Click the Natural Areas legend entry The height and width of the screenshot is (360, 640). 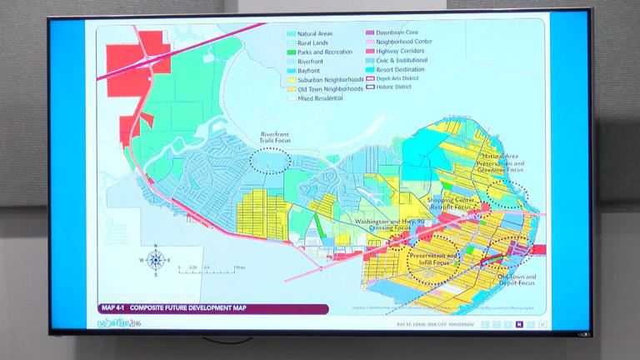[314, 33]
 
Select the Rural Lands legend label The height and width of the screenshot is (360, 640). [312, 42]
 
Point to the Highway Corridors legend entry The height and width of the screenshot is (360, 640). [399, 52]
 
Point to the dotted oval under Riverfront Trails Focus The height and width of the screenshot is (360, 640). [272, 161]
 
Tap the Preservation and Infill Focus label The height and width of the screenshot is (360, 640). [433, 259]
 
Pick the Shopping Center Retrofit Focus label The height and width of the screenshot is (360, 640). [451, 204]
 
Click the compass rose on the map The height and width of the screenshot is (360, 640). [155, 259]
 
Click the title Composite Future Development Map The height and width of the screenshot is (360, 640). [187, 308]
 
